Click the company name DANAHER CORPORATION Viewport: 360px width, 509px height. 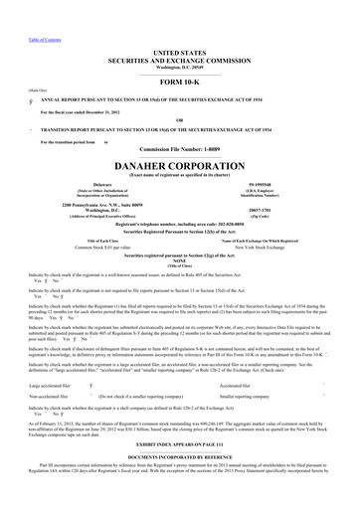tap(180, 157)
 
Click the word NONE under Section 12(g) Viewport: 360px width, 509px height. tap(180, 262)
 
